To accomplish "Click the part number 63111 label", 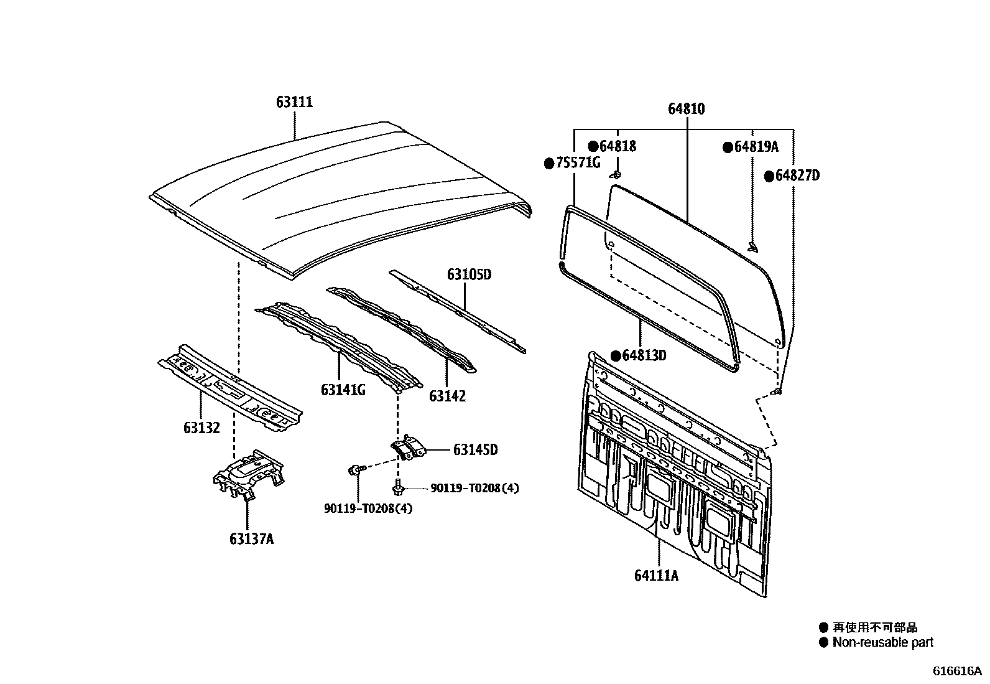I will tap(294, 102).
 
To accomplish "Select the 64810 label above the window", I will tap(687, 109).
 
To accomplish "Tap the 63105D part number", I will tap(469, 274).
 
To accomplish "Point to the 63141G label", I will tap(343, 390).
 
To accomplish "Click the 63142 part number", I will tap(447, 396).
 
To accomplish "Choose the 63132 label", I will tap(201, 428).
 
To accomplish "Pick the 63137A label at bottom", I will tap(251, 539).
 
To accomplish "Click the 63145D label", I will tap(475, 449).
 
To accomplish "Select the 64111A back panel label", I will tap(656, 576).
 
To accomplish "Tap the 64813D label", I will tap(644, 355).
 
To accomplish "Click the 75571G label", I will tap(578, 164).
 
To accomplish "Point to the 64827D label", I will tap(797, 176).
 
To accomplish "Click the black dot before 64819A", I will tap(727, 148).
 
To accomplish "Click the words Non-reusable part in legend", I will tap(882, 642).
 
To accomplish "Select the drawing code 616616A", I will tap(956, 671).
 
